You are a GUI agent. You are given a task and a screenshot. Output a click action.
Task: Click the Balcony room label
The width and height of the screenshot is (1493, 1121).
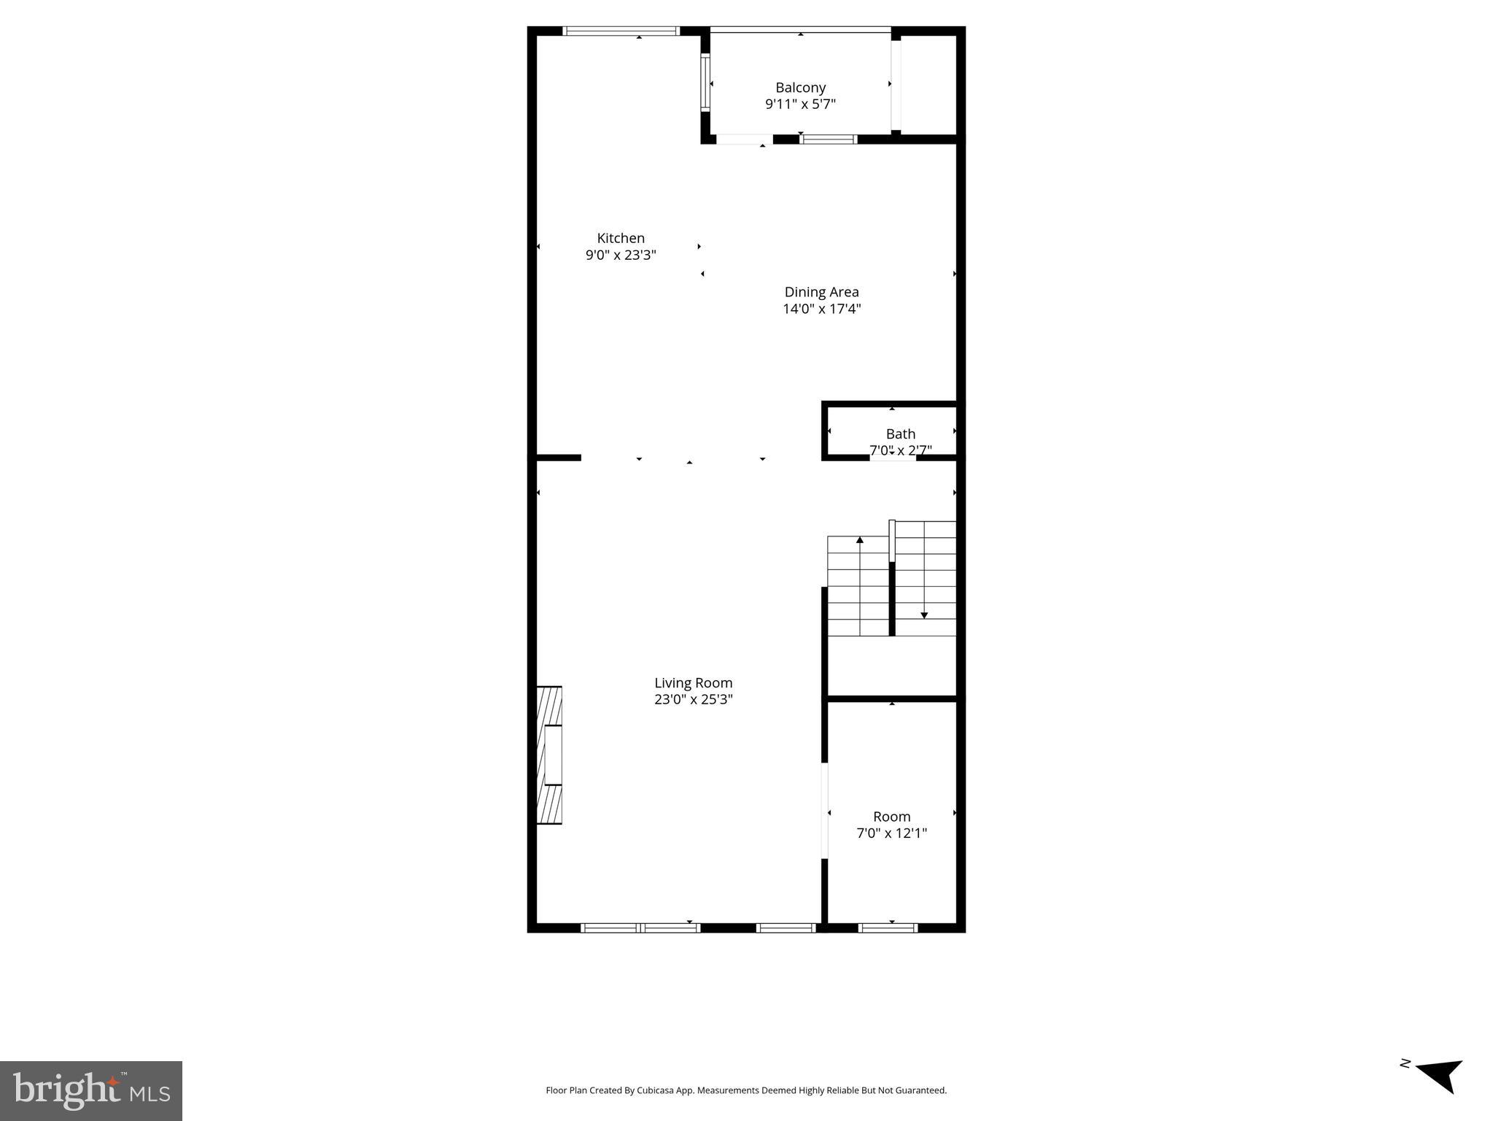coord(800,88)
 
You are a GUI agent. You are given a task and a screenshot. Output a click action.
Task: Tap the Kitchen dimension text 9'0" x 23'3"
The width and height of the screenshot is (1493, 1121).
coord(621,255)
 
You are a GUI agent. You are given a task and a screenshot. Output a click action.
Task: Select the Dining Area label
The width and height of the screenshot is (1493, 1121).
coord(821,292)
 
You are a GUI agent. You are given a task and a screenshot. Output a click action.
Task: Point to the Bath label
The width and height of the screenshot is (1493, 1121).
coord(900,434)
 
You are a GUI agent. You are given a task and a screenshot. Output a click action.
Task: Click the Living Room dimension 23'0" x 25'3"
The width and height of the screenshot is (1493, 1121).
coord(693,699)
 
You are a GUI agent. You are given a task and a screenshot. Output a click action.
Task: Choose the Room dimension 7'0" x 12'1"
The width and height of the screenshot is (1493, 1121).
coord(891,833)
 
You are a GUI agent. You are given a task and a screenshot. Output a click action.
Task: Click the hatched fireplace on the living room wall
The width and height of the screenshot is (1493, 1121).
coord(549,755)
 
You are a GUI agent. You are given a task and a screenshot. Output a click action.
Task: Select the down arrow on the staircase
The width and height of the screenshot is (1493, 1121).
coord(924,615)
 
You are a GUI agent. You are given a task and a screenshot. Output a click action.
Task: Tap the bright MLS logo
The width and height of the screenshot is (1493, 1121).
coord(91,1090)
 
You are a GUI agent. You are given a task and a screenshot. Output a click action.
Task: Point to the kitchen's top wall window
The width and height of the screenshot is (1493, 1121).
coord(622,31)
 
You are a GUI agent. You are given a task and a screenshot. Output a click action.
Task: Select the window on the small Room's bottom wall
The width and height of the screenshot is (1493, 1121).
coord(888,928)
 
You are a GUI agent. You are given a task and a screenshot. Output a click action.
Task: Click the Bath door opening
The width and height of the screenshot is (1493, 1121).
coord(892,458)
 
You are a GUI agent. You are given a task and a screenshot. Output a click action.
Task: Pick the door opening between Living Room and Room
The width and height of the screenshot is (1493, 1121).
coord(825,811)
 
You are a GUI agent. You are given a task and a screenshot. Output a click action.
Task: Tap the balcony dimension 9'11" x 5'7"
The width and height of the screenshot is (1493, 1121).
coord(800,104)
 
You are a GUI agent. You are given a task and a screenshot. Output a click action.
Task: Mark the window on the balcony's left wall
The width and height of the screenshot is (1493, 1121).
coord(705,82)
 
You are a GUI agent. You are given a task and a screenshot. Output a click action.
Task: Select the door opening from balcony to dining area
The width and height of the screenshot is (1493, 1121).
coord(744,139)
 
